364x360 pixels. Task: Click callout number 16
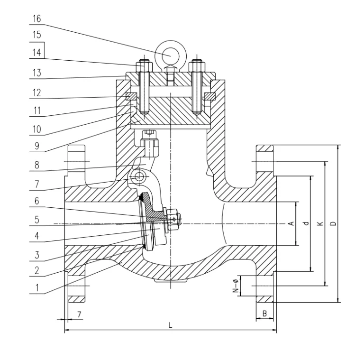click(37, 18)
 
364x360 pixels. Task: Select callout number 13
click(37, 74)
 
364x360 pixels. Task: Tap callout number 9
click(37, 147)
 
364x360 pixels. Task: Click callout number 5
click(37, 220)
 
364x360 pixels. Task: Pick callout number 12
click(37, 92)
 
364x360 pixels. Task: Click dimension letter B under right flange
click(264, 314)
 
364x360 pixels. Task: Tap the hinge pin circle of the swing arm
click(139, 177)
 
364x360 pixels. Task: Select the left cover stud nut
click(143, 65)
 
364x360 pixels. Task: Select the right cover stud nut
click(196, 65)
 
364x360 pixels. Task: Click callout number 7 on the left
click(37, 183)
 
